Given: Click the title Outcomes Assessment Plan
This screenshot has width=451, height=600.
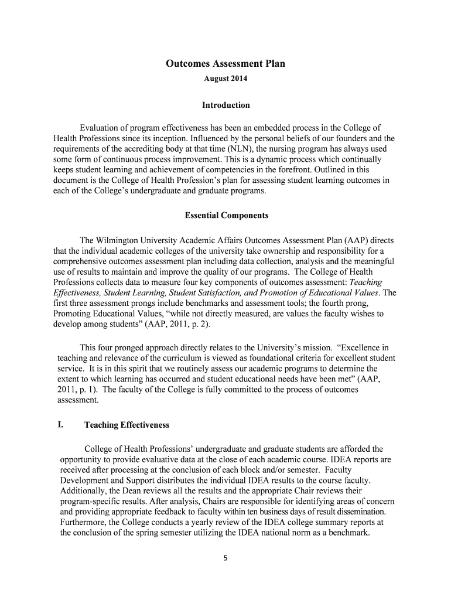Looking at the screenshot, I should click(x=225, y=64).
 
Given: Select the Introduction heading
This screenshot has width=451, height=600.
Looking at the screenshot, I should click(x=225, y=105).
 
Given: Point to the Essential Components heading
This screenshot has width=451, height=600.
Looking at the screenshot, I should click(x=226, y=216).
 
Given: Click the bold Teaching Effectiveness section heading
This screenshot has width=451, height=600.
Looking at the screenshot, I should click(x=127, y=425).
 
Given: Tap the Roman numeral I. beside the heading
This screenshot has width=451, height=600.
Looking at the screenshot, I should click(x=61, y=425).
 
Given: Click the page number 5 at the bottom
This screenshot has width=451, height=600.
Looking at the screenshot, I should click(x=225, y=558).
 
